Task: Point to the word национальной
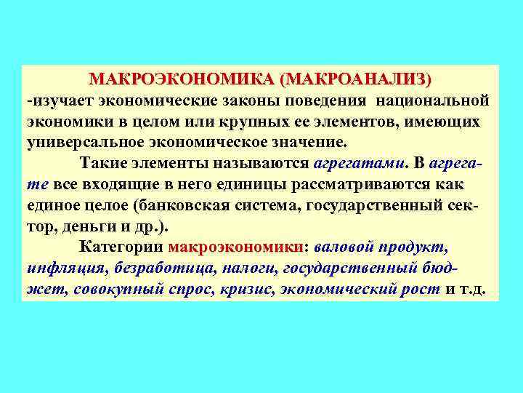pyautogui.click(x=436, y=99)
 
